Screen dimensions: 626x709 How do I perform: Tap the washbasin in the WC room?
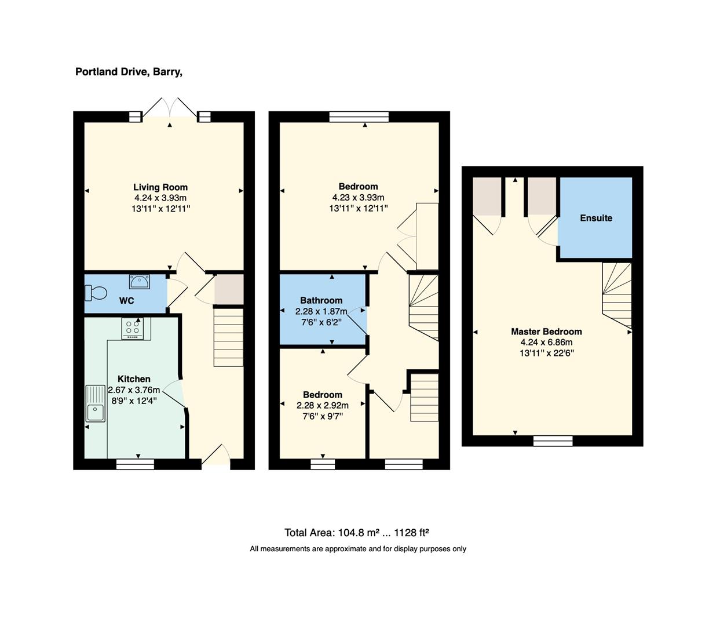pos(140,282)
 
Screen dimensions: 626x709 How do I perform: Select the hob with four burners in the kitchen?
pos(133,329)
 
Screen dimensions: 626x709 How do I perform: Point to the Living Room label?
pos(160,187)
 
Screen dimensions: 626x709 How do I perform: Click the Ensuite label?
pos(596,218)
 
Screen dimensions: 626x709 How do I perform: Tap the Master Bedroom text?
pos(546,332)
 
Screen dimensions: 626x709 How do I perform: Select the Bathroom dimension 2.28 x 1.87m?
pos(322,311)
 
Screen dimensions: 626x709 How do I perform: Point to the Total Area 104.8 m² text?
pos(356,533)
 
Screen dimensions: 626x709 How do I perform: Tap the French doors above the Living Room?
pos(170,110)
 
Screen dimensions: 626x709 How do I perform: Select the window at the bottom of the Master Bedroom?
pos(553,441)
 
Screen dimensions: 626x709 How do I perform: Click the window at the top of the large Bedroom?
pos(359,117)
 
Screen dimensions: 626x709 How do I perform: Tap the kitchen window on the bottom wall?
pos(135,464)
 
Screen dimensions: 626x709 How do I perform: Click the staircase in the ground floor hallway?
pos(229,337)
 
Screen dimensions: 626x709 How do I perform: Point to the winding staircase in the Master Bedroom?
pos(616,296)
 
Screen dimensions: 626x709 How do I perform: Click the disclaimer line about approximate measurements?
pos(358,549)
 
